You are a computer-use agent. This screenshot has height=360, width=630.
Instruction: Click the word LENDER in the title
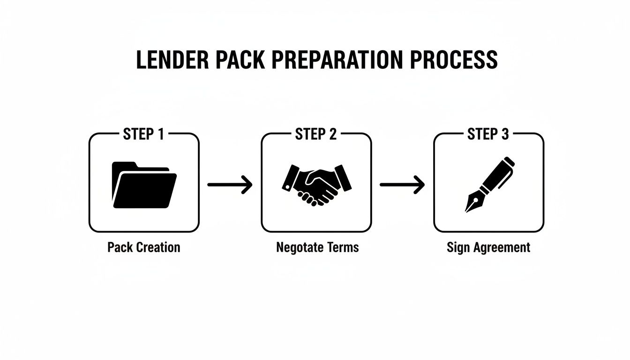(x=171, y=60)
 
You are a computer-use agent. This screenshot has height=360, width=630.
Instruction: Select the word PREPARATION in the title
(x=337, y=60)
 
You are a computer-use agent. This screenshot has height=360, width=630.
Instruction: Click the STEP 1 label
(x=143, y=135)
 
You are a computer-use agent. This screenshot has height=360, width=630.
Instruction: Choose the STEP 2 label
(x=316, y=135)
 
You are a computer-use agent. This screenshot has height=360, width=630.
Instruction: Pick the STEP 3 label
(x=488, y=135)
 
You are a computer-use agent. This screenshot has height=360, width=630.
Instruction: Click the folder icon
(x=144, y=185)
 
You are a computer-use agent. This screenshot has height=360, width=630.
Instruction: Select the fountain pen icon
(x=490, y=184)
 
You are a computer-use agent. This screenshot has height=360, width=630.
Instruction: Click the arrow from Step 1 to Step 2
(x=230, y=185)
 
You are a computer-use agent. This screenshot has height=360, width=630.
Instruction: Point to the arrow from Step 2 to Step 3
(x=402, y=185)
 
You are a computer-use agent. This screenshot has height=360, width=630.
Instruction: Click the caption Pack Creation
(x=143, y=247)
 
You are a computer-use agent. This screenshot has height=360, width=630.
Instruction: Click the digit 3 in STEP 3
(x=504, y=135)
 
